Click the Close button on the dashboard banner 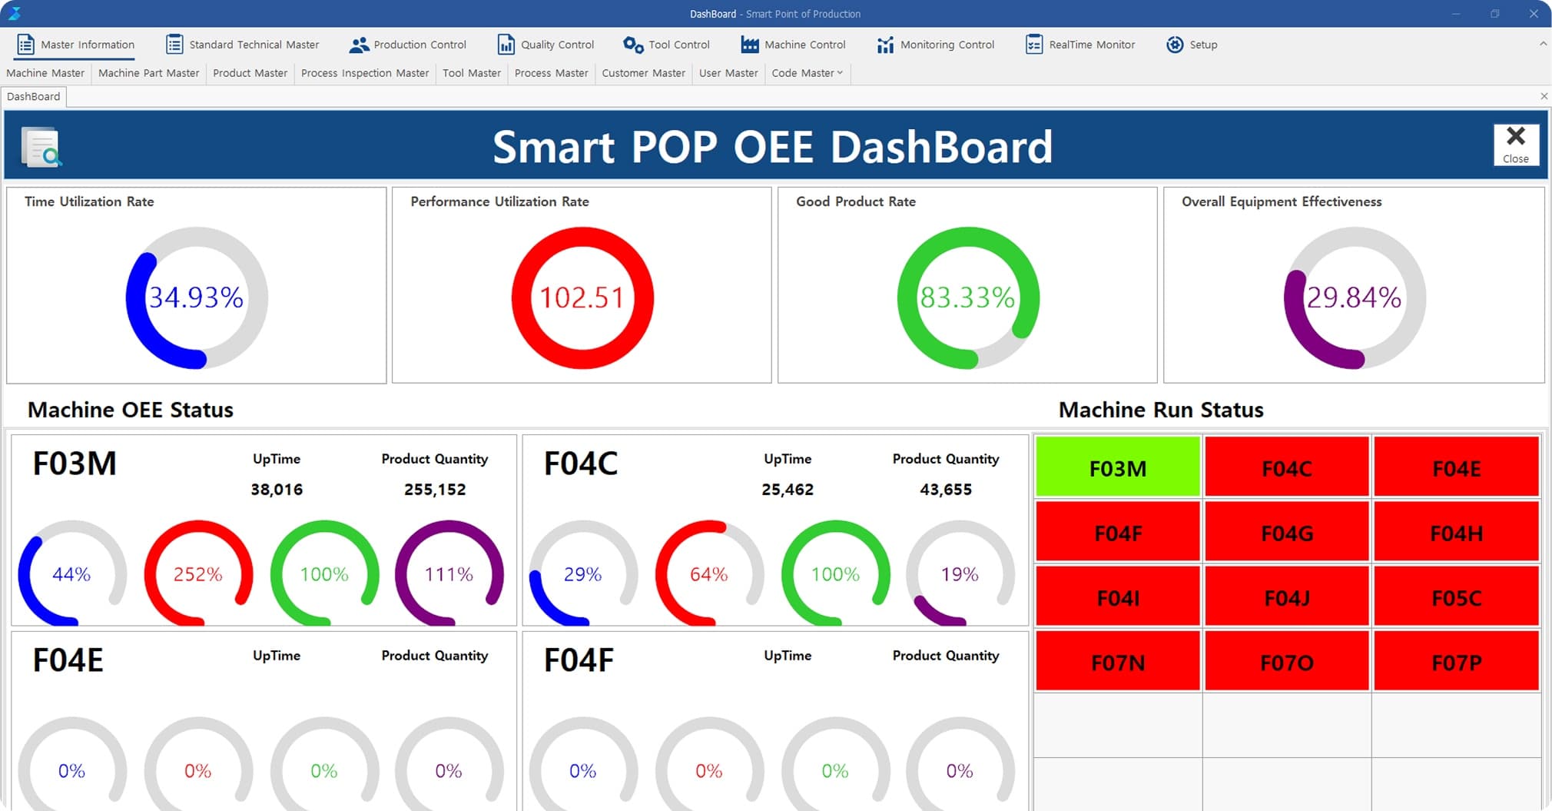[x=1515, y=145]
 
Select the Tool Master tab [x=471, y=73]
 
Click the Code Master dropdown [x=807, y=73]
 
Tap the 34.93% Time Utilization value [x=196, y=297]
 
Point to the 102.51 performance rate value [x=582, y=297]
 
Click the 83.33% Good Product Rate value [x=967, y=297]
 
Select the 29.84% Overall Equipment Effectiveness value [x=1354, y=297]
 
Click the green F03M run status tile [x=1117, y=467]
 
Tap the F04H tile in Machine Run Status [x=1456, y=533]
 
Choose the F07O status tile [x=1287, y=662]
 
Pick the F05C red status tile [x=1456, y=597]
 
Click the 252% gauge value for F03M [x=197, y=574]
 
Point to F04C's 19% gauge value [x=960, y=574]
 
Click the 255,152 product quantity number [x=435, y=490]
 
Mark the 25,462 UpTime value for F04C [x=787, y=490]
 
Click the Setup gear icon [x=1174, y=45]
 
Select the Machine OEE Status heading [x=131, y=410]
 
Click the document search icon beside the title [x=41, y=147]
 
